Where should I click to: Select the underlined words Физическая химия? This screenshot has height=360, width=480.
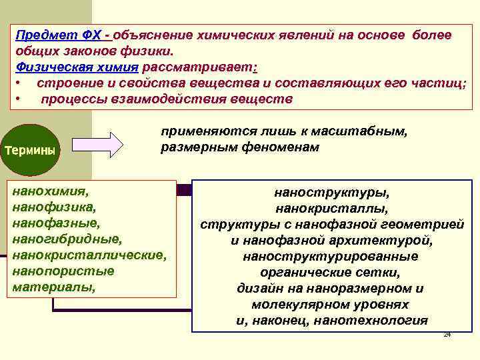pos(77,67)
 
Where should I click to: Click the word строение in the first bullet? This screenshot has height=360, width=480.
pos(67,83)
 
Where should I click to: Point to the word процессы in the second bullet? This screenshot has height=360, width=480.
pos(73,99)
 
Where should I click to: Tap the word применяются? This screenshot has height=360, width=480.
pos(199,132)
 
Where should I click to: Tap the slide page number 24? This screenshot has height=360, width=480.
pos(447,334)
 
